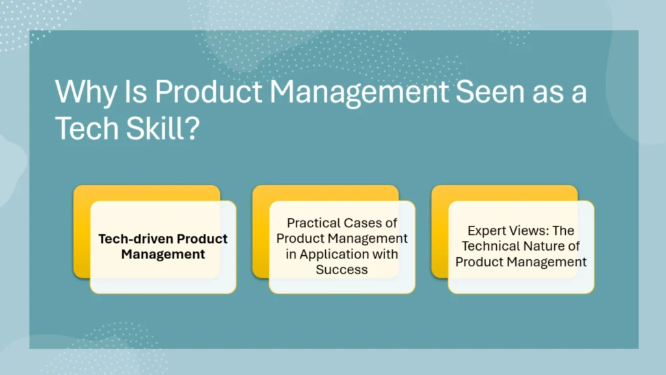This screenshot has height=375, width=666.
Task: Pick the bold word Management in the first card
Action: coord(163,254)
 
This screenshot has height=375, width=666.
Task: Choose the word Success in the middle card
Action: coord(342,269)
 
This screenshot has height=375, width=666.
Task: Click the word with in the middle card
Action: coord(385,254)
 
